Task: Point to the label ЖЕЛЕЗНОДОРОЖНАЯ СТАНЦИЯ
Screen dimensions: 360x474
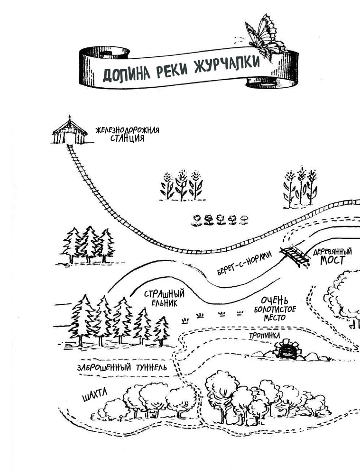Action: pyautogui.click(x=128, y=134)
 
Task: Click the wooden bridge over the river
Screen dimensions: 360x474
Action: pyautogui.click(x=295, y=255)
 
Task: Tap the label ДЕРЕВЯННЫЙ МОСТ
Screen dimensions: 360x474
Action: pyautogui.click(x=332, y=256)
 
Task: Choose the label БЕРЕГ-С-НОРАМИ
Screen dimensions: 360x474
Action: pyautogui.click(x=244, y=263)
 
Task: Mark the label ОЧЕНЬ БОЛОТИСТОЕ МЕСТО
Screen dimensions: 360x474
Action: pyautogui.click(x=275, y=309)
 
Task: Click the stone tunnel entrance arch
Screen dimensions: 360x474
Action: pyautogui.click(x=288, y=349)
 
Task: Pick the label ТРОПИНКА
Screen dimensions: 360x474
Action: pyautogui.click(x=264, y=335)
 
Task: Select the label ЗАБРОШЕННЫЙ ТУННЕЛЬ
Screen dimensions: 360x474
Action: pyautogui.click(x=122, y=367)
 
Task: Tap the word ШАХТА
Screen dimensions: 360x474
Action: pyautogui.click(x=95, y=395)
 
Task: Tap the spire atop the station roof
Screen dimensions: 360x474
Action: pyautogui.click(x=70, y=117)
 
